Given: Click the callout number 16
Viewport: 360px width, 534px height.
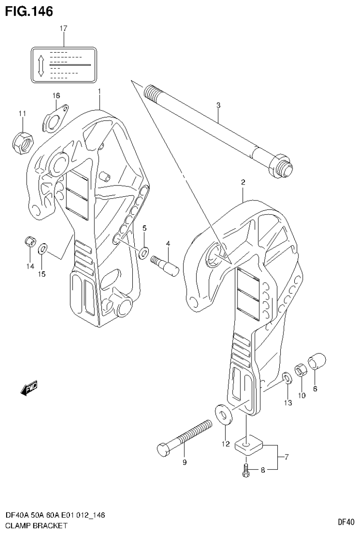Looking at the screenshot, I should [56, 95].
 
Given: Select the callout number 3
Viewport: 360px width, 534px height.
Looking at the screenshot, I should [218, 106].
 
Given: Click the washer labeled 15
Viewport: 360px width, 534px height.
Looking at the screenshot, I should [43, 248].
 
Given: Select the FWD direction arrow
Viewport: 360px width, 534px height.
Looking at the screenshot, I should [29, 388].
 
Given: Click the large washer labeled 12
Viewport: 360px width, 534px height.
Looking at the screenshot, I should [223, 415].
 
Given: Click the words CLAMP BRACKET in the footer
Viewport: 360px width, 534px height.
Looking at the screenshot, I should [36, 526].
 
